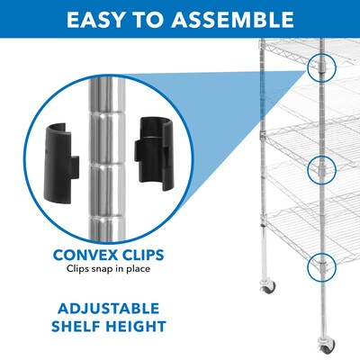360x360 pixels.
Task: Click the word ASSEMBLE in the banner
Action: pyautogui.click(x=232, y=19)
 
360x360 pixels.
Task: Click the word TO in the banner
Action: pyautogui.click(x=152, y=19)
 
